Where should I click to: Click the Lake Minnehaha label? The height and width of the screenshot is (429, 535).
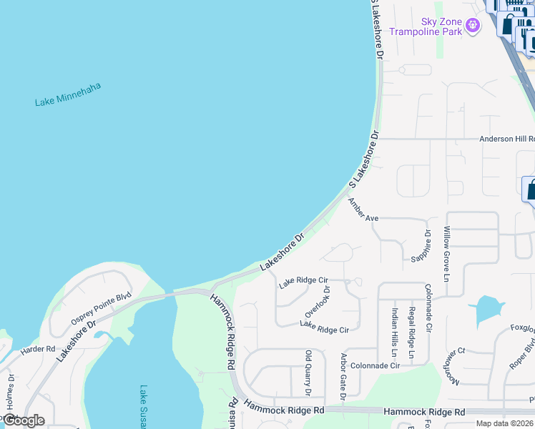pos(68,94)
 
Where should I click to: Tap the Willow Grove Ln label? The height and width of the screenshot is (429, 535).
pos(447,254)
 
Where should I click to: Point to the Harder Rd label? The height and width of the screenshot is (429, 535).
pos(38,350)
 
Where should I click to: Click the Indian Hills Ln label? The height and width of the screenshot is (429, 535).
pos(394,328)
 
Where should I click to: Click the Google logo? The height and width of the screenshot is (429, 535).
pos(23,420)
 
